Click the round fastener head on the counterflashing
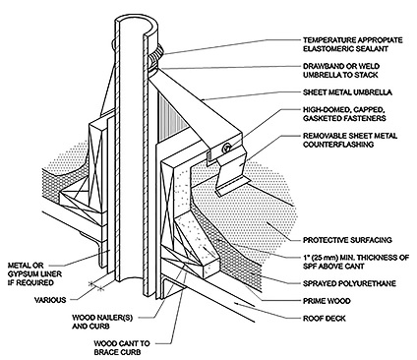tap(225, 148)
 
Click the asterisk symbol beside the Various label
tap(94, 284)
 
